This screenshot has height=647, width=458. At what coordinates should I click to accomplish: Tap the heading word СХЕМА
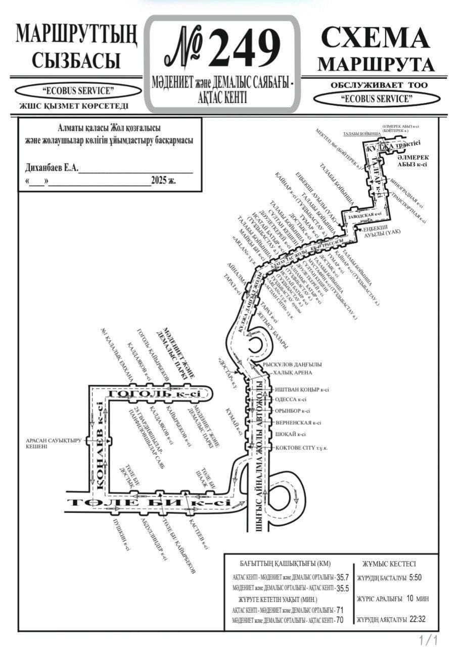[x=375, y=38]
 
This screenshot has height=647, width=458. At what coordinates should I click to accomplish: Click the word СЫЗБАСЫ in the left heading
[x=76, y=60]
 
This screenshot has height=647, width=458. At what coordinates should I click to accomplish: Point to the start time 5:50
[x=415, y=577]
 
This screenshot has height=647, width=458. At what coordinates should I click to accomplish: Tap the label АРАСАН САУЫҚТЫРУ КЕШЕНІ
[x=54, y=443]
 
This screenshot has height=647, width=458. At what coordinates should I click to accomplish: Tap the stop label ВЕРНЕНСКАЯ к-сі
[x=298, y=423]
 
